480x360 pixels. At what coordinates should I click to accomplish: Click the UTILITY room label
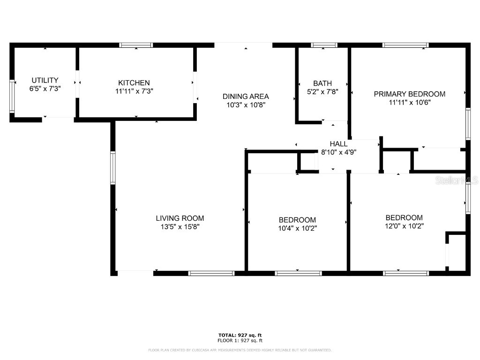[x=45, y=80]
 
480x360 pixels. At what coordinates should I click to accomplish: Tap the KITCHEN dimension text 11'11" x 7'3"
[x=134, y=91]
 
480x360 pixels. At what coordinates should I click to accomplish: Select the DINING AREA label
[x=246, y=97]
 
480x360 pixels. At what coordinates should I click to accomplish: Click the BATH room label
[x=322, y=83]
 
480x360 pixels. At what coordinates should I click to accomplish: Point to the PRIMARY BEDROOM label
[x=409, y=94]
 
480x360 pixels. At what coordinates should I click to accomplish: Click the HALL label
[x=338, y=144]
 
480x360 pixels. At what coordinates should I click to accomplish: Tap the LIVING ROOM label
[x=180, y=218]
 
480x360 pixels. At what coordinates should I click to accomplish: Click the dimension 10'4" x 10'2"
[x=297, y=229]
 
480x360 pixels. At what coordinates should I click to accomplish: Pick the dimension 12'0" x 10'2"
[x=404, y=226]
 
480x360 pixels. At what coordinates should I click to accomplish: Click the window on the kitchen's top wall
[x=136, y=45]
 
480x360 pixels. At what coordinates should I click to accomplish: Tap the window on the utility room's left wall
[x=12, y=97]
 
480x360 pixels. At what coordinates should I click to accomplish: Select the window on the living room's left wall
[x=112, y=167]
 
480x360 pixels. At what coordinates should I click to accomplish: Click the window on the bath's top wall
[x=324, y=45]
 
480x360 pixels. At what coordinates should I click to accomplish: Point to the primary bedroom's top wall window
[x=405, y=45]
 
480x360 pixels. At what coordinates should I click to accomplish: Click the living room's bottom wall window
[x=211, y=273]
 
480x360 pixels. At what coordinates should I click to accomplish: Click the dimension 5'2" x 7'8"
[x=322, y=92]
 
